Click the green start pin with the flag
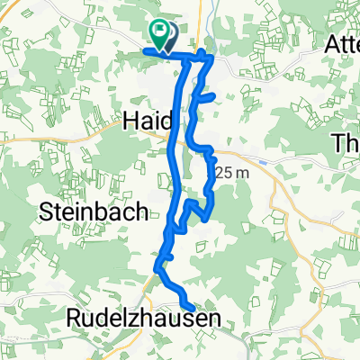coord(159,35)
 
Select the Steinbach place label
coord(82,213)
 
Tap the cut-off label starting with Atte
coord(342,42)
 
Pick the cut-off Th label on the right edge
coord(346,143)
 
